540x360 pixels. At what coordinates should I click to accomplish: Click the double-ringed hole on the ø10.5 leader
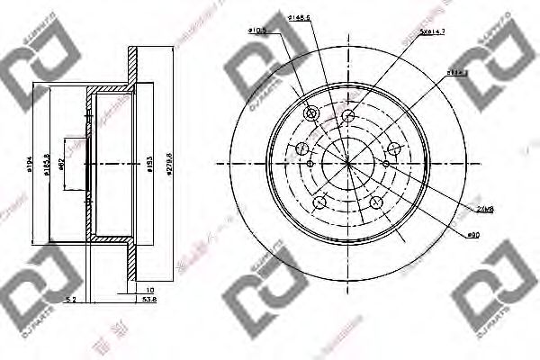pos(312,113)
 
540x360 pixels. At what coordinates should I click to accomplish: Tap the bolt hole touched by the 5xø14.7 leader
pos(347,114)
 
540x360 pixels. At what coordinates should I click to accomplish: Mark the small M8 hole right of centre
pos(386,164)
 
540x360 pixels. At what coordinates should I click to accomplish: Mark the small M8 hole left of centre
pos(310,164)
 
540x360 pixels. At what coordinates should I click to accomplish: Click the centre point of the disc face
pos(348,163)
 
